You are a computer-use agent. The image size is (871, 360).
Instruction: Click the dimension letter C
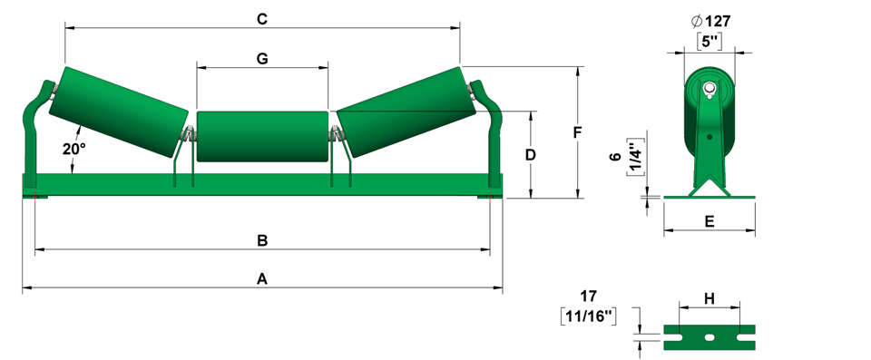[x=262, y=19]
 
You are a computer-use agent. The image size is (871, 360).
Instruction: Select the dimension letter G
[x=262, y=58]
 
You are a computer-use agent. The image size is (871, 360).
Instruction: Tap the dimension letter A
[x=261, y=279]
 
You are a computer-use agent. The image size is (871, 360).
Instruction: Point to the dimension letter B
[x=262, y=240]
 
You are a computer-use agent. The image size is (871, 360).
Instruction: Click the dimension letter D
[x=531, y=155]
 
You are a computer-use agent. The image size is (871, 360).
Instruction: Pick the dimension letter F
[x=577, y=132]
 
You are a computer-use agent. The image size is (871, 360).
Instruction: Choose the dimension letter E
[x=710, y=221]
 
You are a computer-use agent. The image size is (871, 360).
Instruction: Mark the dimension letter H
[x=710, y=299]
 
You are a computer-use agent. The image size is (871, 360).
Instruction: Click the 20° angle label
[x=73, y=149]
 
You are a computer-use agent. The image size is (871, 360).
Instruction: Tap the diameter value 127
[x=718, y=21]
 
